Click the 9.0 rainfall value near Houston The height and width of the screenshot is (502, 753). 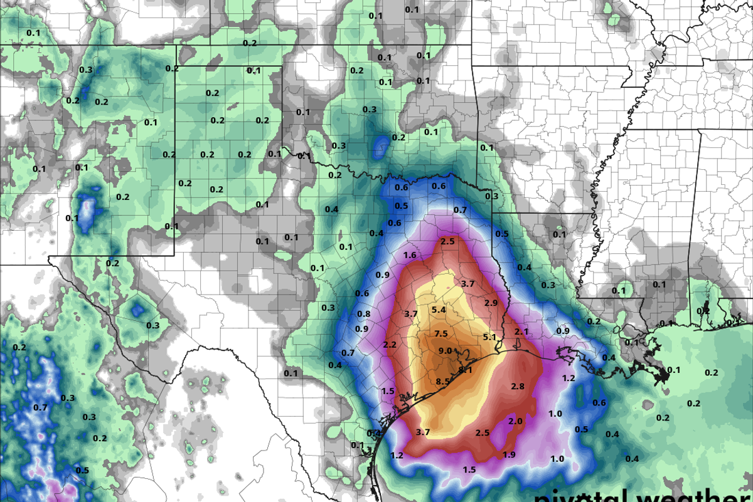(x=445, y=350)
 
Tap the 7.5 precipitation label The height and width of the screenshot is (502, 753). (x=441, y=333)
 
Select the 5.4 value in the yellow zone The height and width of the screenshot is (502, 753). (x=439, y=310)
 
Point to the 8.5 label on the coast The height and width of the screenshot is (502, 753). (x=442, y=381)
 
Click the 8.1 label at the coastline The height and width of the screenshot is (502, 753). (x=465, y=370)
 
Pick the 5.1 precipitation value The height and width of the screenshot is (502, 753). (x=489, y=337)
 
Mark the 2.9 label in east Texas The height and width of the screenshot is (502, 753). (x=491, y=303)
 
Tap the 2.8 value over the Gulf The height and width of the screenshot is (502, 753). (x=518, y=386)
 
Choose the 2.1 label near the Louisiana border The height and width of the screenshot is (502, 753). (x=521, y=331)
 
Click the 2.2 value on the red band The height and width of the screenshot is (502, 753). (x=390, y=345)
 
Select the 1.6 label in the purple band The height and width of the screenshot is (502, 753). (x=410, y=255)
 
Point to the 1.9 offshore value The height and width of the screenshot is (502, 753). (x=509, y=454)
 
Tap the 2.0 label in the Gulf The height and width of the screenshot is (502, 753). (x=515, y=421)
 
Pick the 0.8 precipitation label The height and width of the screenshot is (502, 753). (x=363, y=314)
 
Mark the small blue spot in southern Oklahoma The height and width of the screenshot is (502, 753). (x=380, y=148)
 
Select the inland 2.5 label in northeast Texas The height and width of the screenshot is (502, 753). (x=447, y=241)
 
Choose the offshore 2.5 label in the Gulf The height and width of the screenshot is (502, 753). (x=482, y=432)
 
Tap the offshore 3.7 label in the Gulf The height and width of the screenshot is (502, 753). (x=422, y=432)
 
